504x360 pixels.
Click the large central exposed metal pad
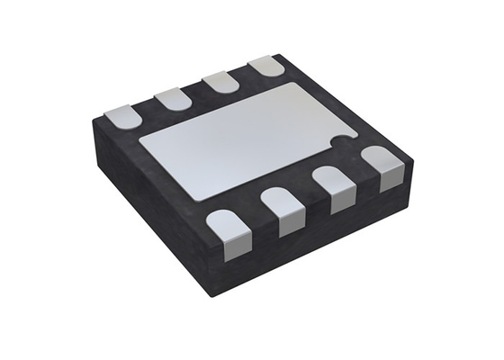click(x=243, y=140)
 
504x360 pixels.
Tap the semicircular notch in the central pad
click(x=339, y=140)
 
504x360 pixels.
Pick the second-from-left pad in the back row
click(x=172, y=97)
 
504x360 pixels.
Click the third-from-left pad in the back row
click(x=220, y=81)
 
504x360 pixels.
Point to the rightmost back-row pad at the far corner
click(x=265, y=66)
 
